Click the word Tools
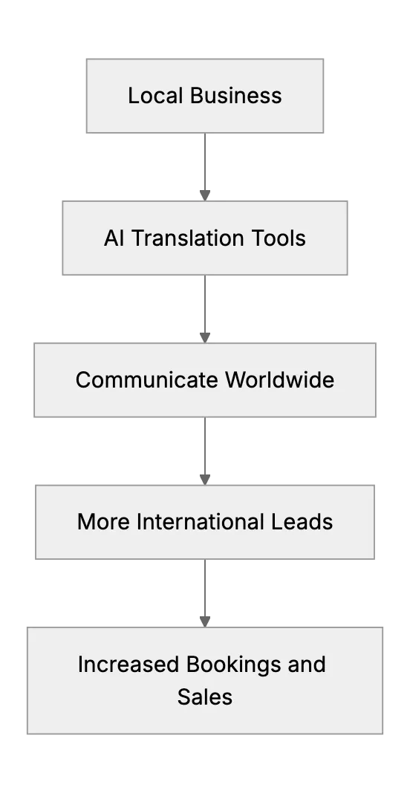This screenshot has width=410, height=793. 276,238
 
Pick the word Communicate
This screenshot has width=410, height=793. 147,380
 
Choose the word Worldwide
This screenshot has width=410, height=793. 280,380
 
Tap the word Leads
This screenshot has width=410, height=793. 302,522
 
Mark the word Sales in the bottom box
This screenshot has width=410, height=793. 205,696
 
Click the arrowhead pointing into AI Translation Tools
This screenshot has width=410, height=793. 205,196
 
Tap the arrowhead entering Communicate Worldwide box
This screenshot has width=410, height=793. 205,338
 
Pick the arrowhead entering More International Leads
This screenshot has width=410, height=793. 205,480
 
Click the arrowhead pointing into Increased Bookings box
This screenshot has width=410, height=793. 205,622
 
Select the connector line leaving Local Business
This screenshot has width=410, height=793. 205,162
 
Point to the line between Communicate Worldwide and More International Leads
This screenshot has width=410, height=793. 205,446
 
